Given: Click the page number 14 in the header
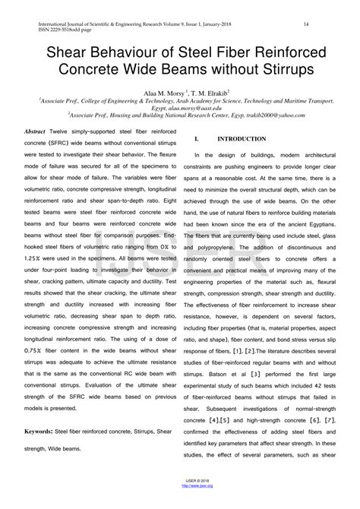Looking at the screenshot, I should click(305, 25).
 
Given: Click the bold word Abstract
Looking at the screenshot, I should click(36, 131).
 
